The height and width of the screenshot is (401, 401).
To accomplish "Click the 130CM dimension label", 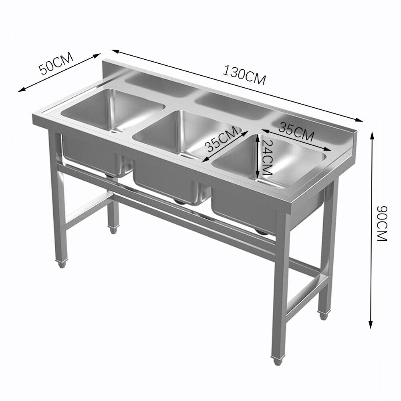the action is click(x=244, y=75).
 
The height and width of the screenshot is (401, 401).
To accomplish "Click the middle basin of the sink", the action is click(x=187, y=134).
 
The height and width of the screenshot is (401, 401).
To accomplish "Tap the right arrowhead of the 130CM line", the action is click(x=359, y=119).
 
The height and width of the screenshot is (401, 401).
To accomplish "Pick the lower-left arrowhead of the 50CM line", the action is click(x=22, y=89).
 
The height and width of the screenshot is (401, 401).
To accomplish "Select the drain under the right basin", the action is click(x=261, y=232).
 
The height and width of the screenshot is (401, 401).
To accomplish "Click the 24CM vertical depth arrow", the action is click(x=258, y=155).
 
